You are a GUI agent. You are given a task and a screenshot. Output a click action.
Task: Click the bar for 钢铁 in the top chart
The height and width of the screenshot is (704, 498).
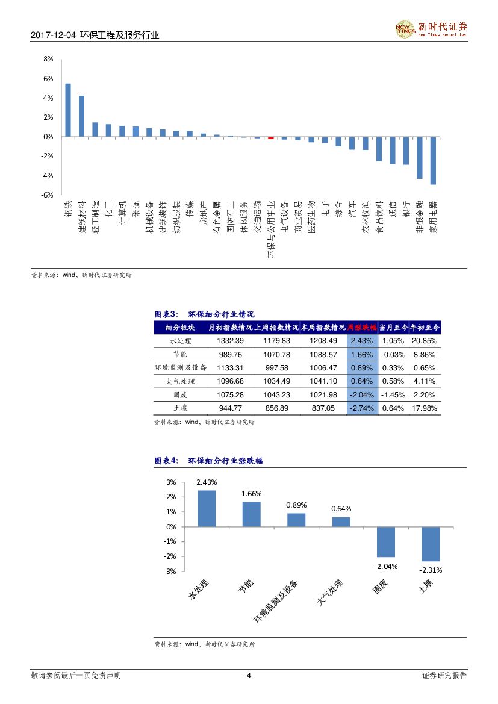click(68, 110)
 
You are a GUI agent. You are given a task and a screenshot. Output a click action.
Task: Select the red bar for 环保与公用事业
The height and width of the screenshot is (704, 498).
click(271, 137)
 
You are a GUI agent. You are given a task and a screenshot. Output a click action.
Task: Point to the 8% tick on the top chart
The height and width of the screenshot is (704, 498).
click(48, 59)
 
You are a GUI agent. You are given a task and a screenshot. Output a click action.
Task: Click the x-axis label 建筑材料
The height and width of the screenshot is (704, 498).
click(82, 219)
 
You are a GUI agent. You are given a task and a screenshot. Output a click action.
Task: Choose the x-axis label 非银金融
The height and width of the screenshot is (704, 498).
click(420, 220)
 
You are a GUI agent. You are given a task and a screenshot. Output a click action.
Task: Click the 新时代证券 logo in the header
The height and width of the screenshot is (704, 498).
click(431, 28)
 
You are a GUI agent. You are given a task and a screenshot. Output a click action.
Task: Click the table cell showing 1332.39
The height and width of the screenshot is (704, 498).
click(231, 341)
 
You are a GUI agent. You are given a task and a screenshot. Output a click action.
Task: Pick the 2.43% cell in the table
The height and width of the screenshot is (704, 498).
click(362, 341)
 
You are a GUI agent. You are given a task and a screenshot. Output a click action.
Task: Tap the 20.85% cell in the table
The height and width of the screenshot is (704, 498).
click(424, 341)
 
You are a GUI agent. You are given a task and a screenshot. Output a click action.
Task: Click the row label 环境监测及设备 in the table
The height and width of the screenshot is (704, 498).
click(181, 367)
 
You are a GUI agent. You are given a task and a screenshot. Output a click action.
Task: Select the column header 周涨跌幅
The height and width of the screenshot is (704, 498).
click(362, 327)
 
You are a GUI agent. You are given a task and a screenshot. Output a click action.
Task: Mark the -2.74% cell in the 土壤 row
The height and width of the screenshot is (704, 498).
click(362, 408)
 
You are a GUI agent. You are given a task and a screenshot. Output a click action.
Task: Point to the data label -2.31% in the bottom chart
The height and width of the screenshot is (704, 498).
click(431, 570)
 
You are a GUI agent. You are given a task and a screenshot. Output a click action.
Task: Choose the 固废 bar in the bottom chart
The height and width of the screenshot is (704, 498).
click(386, 542)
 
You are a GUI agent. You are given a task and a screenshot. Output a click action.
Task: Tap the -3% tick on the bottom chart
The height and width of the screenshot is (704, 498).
click(171, 571)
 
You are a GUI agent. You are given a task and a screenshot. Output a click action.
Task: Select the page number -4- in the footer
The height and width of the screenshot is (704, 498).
click(249, 676)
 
